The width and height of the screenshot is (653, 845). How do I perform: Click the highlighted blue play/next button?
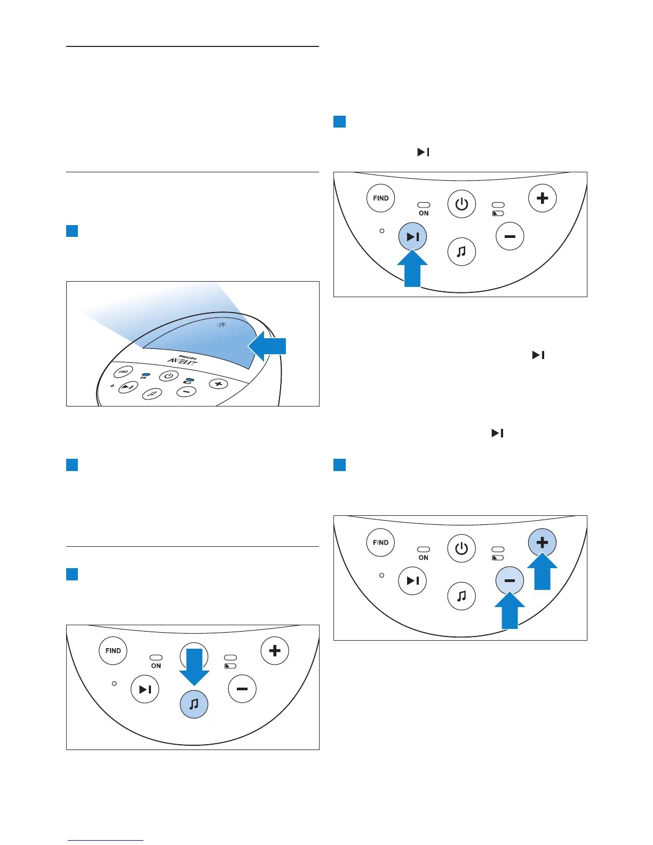(x=412, y=236)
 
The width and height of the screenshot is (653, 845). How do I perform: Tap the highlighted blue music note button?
(x=194, y=704)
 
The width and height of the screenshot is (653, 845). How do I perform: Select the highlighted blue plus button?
(x=542, y=543)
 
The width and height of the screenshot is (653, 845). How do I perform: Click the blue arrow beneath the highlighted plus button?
(x=542, y=572)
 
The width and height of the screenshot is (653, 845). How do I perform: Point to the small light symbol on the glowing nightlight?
(x=221, y=325)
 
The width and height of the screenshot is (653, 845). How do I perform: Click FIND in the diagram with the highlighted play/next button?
(x=380, y=198)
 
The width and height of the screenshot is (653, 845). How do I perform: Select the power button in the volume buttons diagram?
(x=461, y=548)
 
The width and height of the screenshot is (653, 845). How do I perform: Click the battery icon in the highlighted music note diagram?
(x=230, y=666)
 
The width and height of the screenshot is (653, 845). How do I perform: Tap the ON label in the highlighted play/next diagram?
(x=424, y=213)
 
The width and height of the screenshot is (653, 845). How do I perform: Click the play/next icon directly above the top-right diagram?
(x=423, y=153)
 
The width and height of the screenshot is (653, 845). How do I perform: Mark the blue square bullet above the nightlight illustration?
(x=72, y=231)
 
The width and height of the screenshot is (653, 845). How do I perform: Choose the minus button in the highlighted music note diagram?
(x=242, y=689)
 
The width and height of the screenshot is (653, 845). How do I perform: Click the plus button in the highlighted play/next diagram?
(x=542, y=198)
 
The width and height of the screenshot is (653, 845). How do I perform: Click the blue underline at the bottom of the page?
(x=105, y=840)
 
